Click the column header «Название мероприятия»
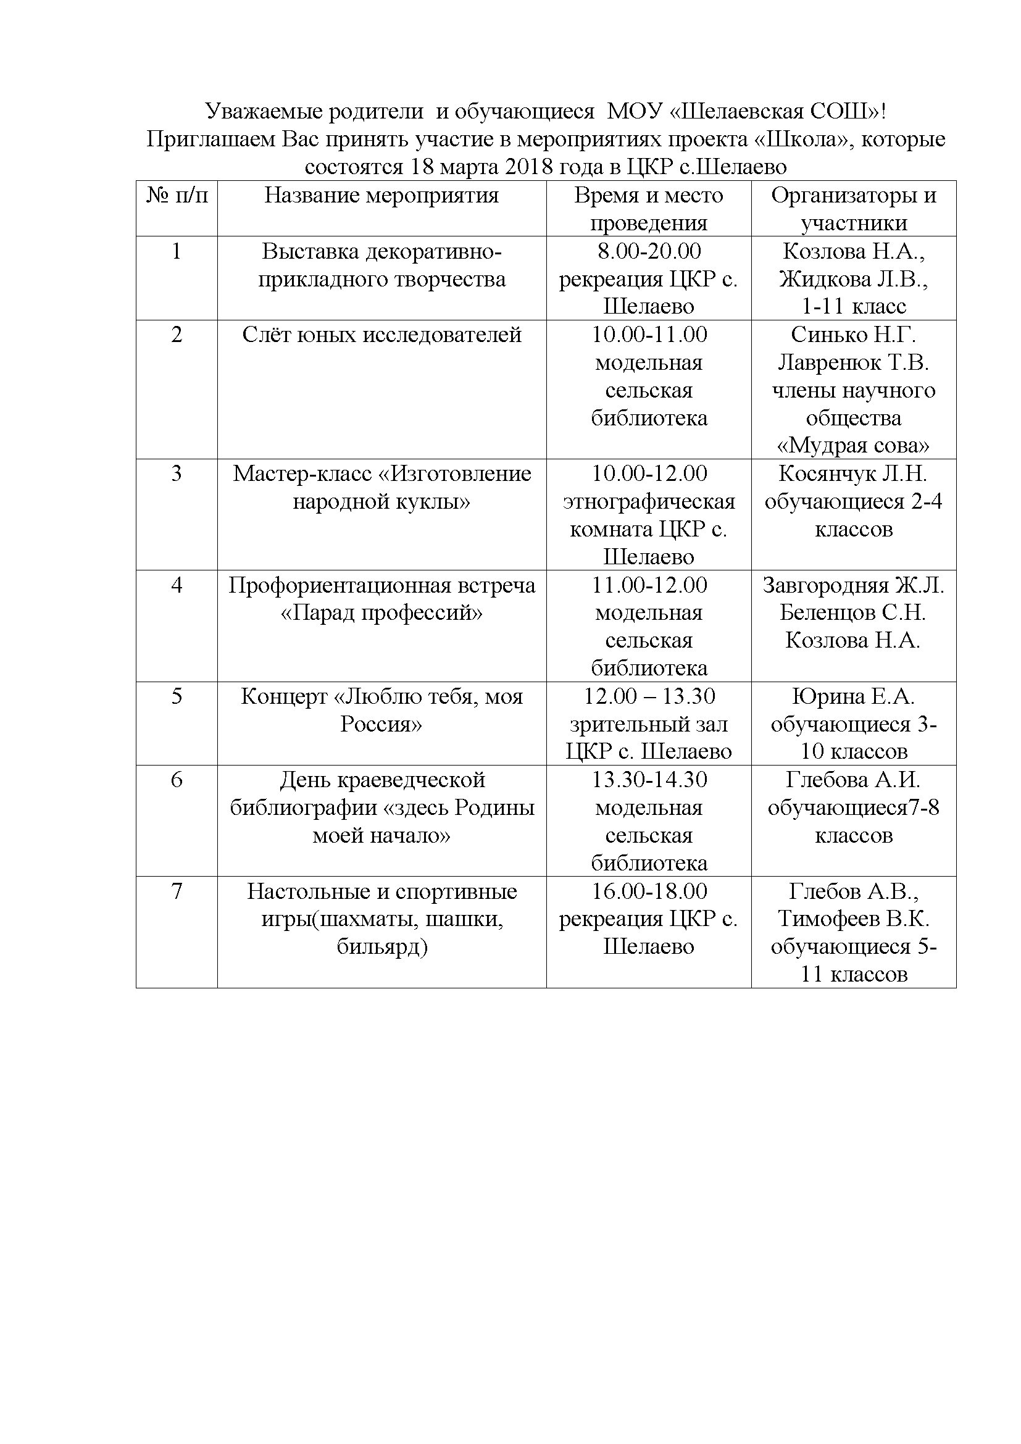click(x=381, y=196)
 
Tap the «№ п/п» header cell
click(x=177, y=196)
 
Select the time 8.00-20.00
click(x=649, y=251)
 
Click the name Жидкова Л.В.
click(x=853, y=278)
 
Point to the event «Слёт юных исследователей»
click(x=381, y=335)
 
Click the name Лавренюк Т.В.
click(x=853, y=362)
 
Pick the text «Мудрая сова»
click(x=853, y=446)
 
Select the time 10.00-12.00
click(x=649, y=474)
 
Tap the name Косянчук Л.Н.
click(x=853, y=474)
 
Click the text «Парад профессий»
click(x=381, y=612)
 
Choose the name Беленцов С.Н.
click(x=853, y=612)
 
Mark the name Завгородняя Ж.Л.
click(x=853, y=585)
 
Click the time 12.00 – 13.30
click(x=649, y=696)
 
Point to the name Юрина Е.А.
click(x=853, y=696)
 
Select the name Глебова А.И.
click(x=853, y=780)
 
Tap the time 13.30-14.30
click(x=649, y=780)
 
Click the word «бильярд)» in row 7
click(x=381, y=946)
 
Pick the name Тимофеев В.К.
click(x=853, y=919)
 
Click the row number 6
click(x=177, y=780)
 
